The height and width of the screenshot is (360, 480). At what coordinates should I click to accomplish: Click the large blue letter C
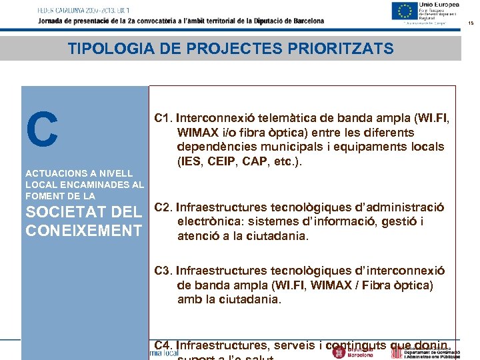42,129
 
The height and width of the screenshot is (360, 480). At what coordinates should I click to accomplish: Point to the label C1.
163,119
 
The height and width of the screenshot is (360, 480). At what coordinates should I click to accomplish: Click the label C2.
164,207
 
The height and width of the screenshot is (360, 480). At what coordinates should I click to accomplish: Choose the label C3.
164,271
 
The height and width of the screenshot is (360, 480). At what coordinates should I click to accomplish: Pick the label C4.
164,345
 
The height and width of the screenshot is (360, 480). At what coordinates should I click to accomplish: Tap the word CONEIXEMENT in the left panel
83,231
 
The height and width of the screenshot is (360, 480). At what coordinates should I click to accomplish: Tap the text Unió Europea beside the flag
435,5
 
